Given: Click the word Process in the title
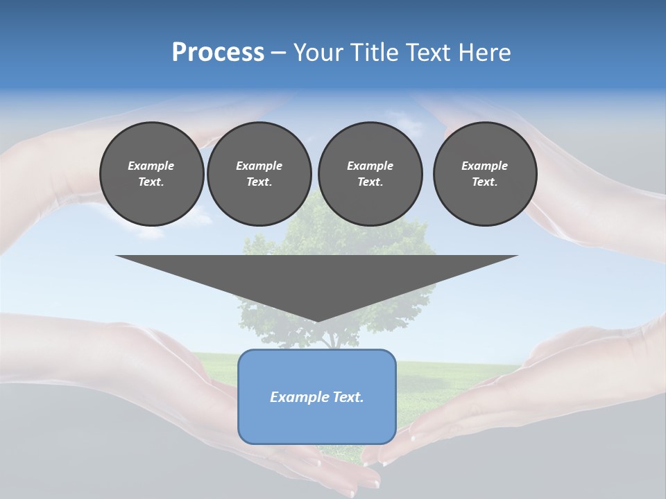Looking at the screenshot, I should (218, 53).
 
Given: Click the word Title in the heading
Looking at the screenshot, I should (370, 53).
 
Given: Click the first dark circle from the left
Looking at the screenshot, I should (151, 174).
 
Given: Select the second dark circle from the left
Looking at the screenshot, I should (259, 174).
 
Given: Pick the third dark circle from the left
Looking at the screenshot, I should (370, 174).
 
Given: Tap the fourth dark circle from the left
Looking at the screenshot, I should (484, 174).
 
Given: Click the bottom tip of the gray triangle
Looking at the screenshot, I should (317, 319).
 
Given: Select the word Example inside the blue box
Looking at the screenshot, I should (298, 397).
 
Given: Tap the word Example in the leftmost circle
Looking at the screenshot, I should (151, 166).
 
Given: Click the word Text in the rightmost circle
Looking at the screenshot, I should (484, 182).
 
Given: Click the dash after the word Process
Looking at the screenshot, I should (279, 53).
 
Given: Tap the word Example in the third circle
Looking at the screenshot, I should (370, 166).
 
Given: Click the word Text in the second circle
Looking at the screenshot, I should (259, 182).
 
